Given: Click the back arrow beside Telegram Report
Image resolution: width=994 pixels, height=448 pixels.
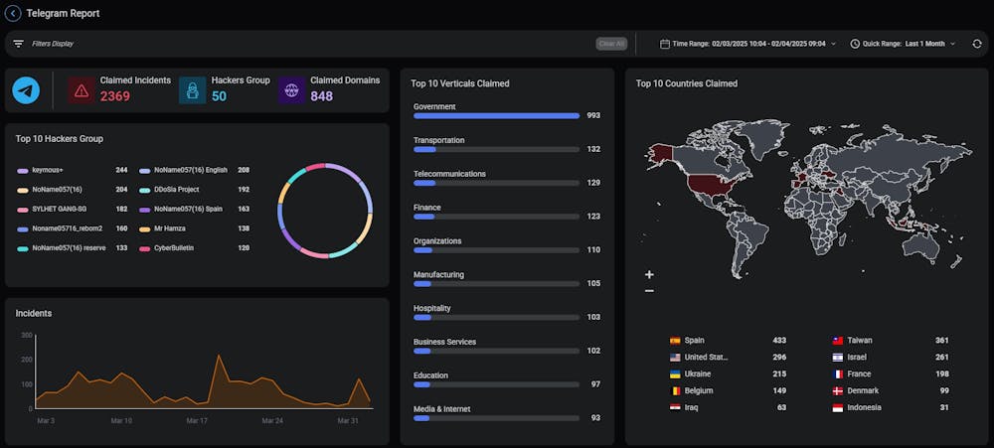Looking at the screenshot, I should coord(13,14).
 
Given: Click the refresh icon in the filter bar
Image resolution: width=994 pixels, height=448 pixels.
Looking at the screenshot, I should coord(976,44).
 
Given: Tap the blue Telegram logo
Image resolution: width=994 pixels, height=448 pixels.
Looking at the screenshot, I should coord(27,91).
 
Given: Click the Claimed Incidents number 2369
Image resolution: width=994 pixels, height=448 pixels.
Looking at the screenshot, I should coord(115,96).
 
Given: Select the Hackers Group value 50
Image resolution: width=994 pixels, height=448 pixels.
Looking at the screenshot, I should coord(219,96).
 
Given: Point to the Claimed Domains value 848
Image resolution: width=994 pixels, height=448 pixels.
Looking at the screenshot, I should coord(321,96).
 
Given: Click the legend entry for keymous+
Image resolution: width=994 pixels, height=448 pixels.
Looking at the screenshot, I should coord(47,171).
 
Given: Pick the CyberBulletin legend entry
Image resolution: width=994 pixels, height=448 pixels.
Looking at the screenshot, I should coord(174,247).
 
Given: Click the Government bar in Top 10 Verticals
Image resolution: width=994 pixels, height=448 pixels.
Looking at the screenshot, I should coord(496,116).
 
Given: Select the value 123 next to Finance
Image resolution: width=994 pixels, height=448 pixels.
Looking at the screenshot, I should coord(593,217).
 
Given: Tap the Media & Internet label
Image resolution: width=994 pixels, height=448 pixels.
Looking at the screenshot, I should coord(442,409).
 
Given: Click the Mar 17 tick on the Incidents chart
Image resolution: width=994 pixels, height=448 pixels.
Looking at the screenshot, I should coord(197,421).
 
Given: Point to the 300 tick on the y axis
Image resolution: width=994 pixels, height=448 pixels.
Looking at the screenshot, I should coord(26,335).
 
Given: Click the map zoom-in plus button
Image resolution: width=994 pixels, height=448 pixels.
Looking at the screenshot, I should coord(649,274).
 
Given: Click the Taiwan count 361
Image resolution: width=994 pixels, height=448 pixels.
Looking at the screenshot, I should coord(941,341).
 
